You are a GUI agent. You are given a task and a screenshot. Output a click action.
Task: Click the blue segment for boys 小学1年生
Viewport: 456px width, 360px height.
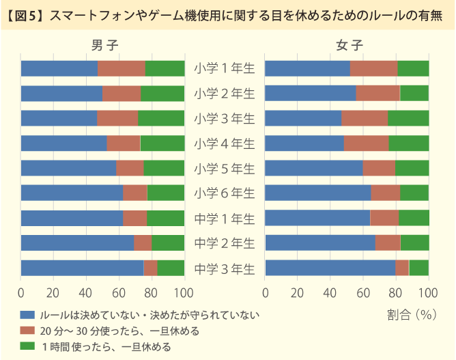59,68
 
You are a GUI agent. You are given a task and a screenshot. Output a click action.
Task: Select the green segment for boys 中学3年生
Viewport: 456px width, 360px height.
171,268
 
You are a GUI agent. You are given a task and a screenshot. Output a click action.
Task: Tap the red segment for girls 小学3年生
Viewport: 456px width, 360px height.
365,118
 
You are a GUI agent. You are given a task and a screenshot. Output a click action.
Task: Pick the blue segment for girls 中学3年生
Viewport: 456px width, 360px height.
330,268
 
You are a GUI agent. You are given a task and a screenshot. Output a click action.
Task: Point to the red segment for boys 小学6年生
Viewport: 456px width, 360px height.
135,193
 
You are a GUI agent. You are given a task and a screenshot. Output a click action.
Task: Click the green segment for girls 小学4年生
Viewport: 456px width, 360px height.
409,143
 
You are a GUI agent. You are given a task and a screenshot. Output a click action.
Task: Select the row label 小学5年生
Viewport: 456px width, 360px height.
224,168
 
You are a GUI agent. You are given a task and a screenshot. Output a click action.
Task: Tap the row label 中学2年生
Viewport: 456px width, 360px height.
224,243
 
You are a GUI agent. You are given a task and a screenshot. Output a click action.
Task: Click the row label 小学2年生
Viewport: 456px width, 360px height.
224,93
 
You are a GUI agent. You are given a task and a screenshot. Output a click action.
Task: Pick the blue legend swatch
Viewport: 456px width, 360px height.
27,315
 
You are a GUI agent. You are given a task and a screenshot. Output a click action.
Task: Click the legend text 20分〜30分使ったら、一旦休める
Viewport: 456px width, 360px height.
119,331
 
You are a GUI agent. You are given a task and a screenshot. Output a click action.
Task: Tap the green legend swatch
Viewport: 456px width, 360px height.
27,346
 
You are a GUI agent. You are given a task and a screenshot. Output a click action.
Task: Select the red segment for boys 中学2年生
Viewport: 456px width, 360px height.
143,243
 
